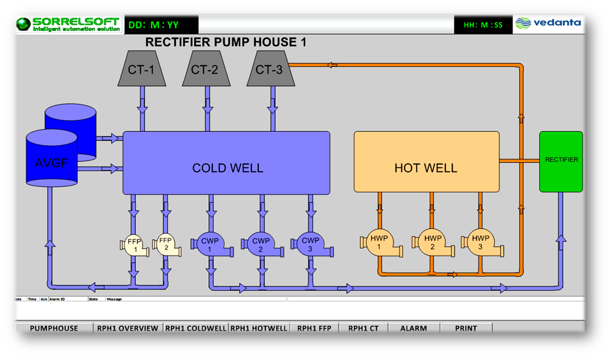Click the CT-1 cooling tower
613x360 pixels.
coord(142,69)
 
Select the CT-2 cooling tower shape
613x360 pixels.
coord(206,69)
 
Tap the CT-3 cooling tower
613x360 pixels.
coord(270,69)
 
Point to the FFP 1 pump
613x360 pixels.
coord(134,246)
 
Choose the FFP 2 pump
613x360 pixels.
coord(166,245)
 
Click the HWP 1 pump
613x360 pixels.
coord(380,243)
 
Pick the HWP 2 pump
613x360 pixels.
coord(432,243)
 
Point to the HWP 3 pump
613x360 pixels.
coord(481,243)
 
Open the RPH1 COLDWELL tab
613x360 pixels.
coord(196,328)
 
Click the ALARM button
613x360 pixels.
coord(414,328)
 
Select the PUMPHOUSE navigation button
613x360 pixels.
coord(54,328)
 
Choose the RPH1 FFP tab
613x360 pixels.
coord(314,328)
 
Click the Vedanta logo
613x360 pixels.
coord(548,23)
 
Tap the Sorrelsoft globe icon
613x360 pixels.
coord(24,24)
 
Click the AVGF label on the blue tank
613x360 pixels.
coord(51,163)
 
